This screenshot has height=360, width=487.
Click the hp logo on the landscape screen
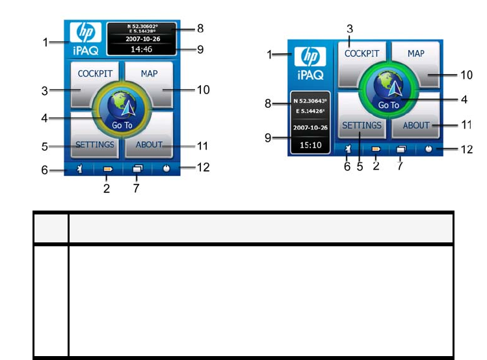[311, 57]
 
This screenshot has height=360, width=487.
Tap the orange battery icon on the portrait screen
[107, 170]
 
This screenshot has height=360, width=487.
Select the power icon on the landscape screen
[430, 149]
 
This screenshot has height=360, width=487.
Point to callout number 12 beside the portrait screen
[203, 168]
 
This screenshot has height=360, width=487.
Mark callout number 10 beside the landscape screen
[466, 75]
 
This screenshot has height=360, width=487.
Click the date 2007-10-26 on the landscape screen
[309, 127]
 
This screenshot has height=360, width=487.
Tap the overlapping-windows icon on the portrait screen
[137, 170]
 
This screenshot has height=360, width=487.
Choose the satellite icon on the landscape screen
[349, 149]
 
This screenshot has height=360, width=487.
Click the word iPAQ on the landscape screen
[310, 75]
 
